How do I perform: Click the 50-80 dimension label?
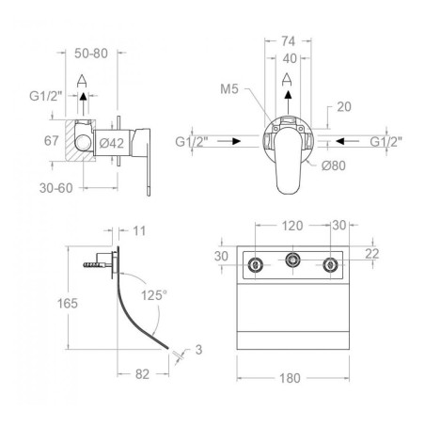coord(91,54)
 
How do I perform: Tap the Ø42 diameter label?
coord(112,143)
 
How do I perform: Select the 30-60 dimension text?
coord(56,188)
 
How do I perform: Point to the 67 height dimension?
coord(52,141)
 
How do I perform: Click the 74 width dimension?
coord(288,41)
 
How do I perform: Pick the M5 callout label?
coord(229,89)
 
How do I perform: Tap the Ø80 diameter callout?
coord(334,165)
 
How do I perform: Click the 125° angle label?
coord(154,295)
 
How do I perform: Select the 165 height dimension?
coord(68,304)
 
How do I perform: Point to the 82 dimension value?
coord(142,374)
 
